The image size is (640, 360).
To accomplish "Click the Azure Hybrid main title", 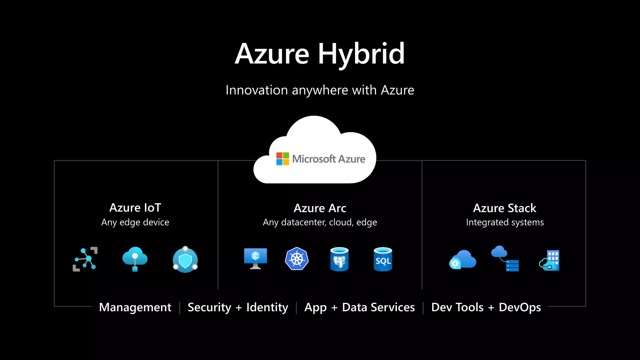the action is click(x=320, y=54).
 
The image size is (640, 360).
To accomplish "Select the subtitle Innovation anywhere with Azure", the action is click(x=320, y=90).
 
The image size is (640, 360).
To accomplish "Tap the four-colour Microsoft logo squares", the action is click(x=282, y=159).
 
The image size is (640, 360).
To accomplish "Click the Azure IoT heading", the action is click(x=135, y=208).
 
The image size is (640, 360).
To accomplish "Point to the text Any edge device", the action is click(x=135, y=222).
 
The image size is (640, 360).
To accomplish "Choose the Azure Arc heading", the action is click(x=320, y=208).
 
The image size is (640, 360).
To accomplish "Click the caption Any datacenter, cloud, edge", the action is click(x=320, y=222).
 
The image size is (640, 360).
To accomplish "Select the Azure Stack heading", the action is click(x=504, y=208).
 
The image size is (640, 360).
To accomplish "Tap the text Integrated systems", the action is click(x=505, y=222).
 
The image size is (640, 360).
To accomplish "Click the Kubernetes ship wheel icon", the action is click(x=297, y=259).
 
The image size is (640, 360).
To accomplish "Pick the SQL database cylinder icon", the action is click(x=383, y=259).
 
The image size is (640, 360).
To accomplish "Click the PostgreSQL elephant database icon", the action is click(x=339, y=259).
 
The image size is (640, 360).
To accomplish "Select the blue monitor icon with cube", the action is click(x=256, y=258).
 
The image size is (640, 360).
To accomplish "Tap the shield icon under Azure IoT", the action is click(x=185, y=259).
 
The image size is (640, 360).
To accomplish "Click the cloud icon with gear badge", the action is click(x=462, y=259).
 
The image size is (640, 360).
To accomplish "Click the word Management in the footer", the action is click(x=135, y=307).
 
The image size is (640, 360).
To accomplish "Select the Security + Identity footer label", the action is click(x=238, y=307).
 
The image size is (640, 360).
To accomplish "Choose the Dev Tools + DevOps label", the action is click(x=486, y=307).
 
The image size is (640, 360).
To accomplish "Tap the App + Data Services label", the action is click(x=359, y=307).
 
